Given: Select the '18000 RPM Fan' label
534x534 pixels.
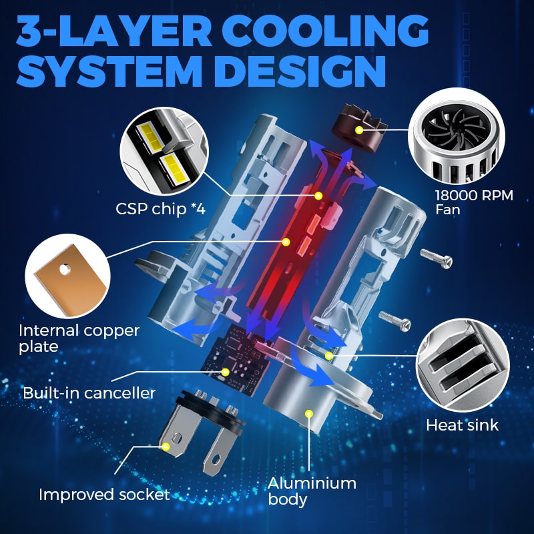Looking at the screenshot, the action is pos(474,202).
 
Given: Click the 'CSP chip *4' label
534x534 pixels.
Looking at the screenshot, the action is pos(160,209).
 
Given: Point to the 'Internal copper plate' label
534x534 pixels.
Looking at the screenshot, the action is pos(79,338).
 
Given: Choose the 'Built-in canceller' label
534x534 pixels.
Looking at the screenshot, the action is pos(89,393).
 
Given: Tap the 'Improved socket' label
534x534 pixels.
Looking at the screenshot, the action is pos(104,495).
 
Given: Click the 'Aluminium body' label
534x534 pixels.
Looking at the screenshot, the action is pos(312,491).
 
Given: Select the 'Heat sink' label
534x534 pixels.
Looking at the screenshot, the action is pos(462,425).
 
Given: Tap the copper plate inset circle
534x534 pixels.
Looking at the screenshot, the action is pos(68,276).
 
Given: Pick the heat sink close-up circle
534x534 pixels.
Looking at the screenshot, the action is pos(463,365).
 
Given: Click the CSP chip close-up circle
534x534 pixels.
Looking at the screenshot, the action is pos(164,152).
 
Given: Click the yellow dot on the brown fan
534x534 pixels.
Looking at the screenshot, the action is pos(358,129).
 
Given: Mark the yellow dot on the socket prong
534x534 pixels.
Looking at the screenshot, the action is pos(166,447).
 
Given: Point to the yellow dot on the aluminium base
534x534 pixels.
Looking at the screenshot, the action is pos(309,413).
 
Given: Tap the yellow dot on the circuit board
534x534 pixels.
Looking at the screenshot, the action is pos(225,372).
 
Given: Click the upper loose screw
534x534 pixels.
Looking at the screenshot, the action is pos(437,258).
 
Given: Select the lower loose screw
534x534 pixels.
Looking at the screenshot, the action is pos(395,321).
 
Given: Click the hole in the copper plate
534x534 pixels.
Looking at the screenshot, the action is pos(65,270).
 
